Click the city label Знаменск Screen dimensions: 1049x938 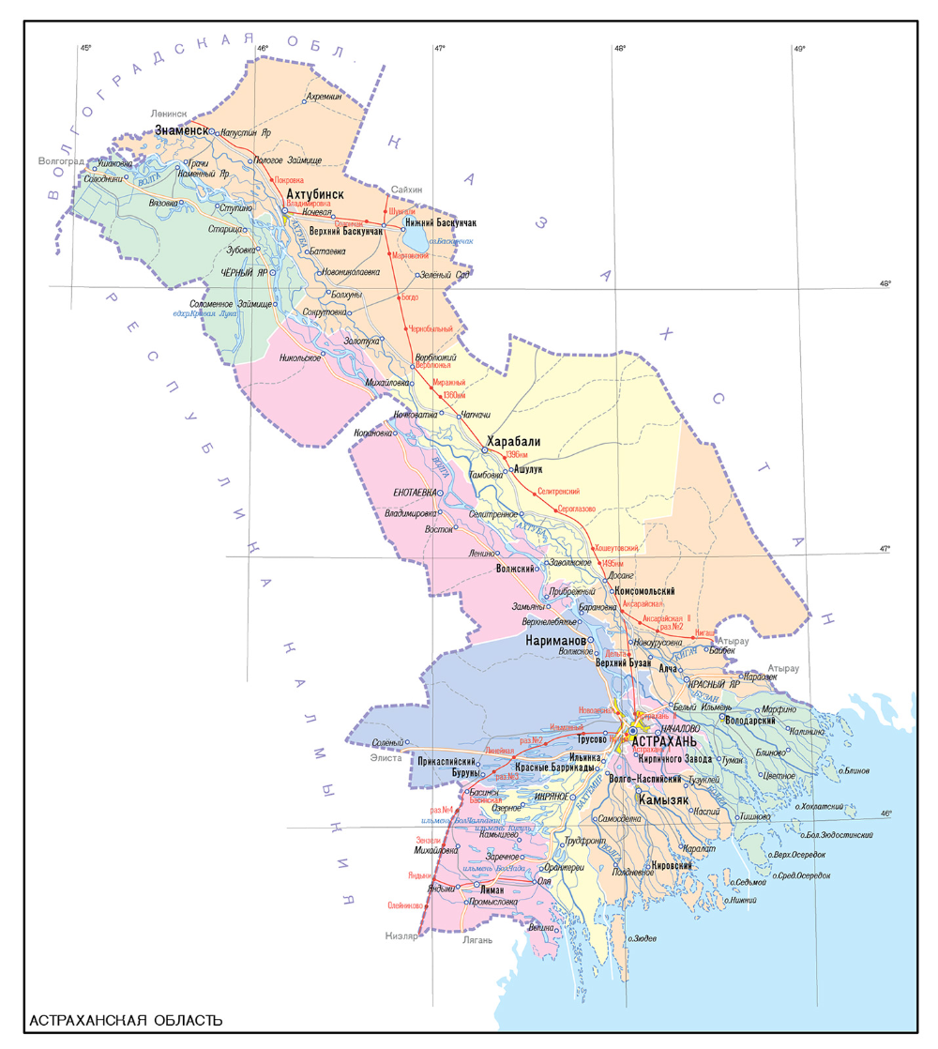tap(180, 130)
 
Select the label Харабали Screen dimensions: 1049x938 tap(513, 441)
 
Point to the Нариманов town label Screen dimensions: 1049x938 tap(555, 639)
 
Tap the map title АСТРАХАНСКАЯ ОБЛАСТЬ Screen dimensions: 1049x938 tap(126, 1020)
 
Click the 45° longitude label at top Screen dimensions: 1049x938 tap(86, 48)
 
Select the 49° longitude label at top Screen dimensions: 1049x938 tap(799, 48)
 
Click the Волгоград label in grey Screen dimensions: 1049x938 tap(61, 161)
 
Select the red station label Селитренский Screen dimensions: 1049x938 tap(559, 491)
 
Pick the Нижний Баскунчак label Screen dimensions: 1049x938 tap(441, 222)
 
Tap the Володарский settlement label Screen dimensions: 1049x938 tap(749, 720)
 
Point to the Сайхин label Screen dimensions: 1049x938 tap(407, 190)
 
